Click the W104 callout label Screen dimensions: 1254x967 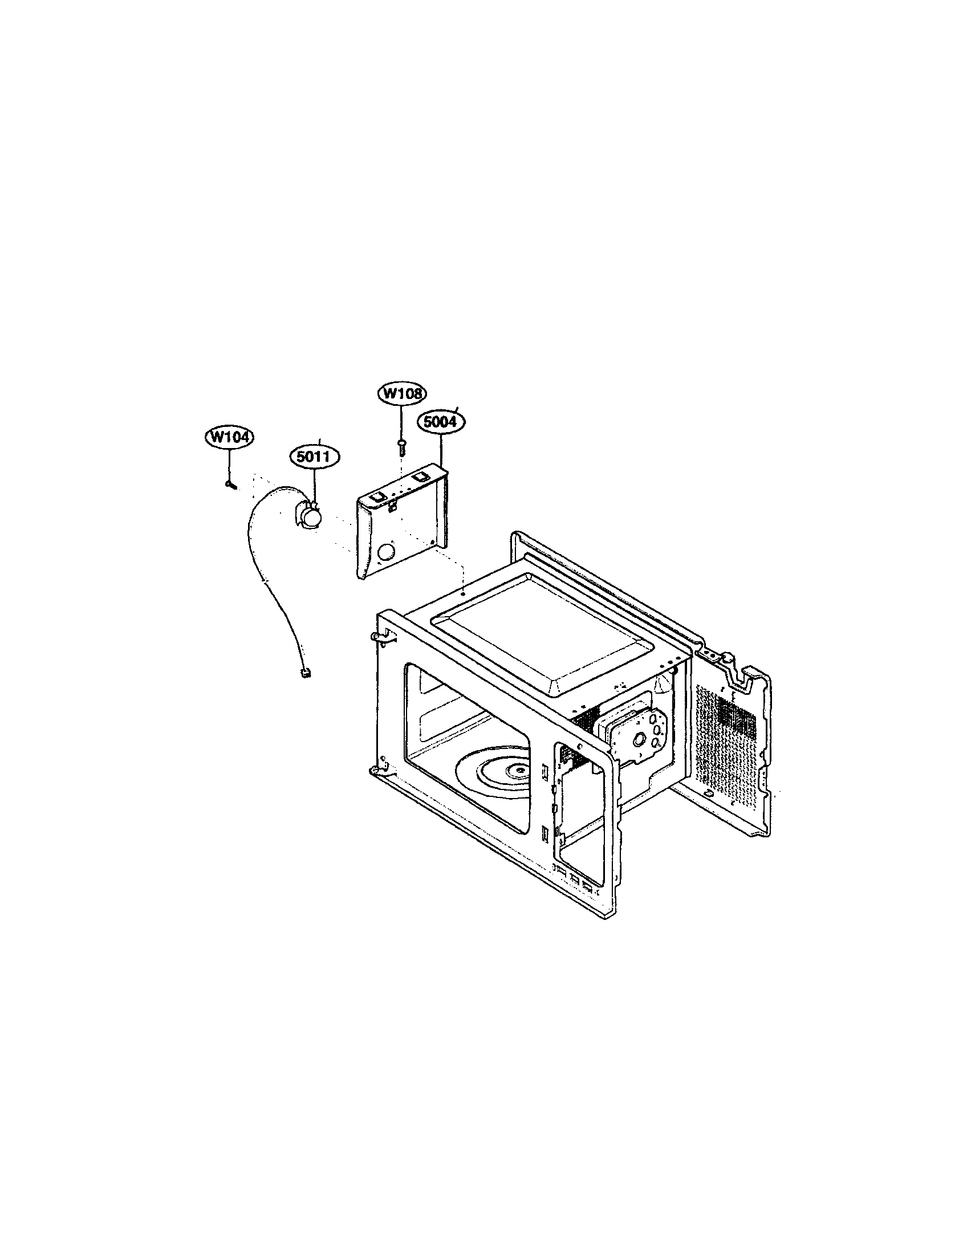pyautogui.click(x=229, y=437)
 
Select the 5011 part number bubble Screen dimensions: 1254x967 pyautogui.click(x=314, y=457)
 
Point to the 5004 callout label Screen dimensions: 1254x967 pyautogui.click(x=441, y=422)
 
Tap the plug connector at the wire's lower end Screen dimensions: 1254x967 pyautogui.click(x=306, y=673)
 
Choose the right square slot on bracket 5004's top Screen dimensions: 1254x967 pyautogui.click(x=420, y=476)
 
